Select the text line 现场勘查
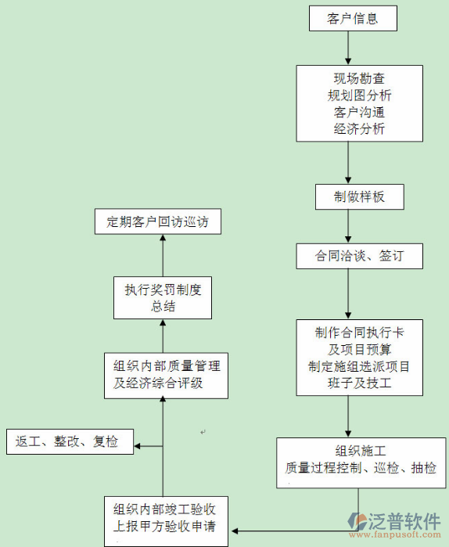coord(359,79)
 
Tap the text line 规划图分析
coord(359,95)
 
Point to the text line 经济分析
coord(359,129)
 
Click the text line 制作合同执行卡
coord(359,332)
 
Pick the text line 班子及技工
coord(359,383)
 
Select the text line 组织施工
coord(359,451)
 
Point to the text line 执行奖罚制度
coord(163,290)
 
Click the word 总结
coord(163,306)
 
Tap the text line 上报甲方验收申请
coord(165,525)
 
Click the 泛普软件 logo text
coord(406,520)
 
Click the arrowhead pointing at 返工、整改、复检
coord(138,447)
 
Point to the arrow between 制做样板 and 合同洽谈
coord(349,228)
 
